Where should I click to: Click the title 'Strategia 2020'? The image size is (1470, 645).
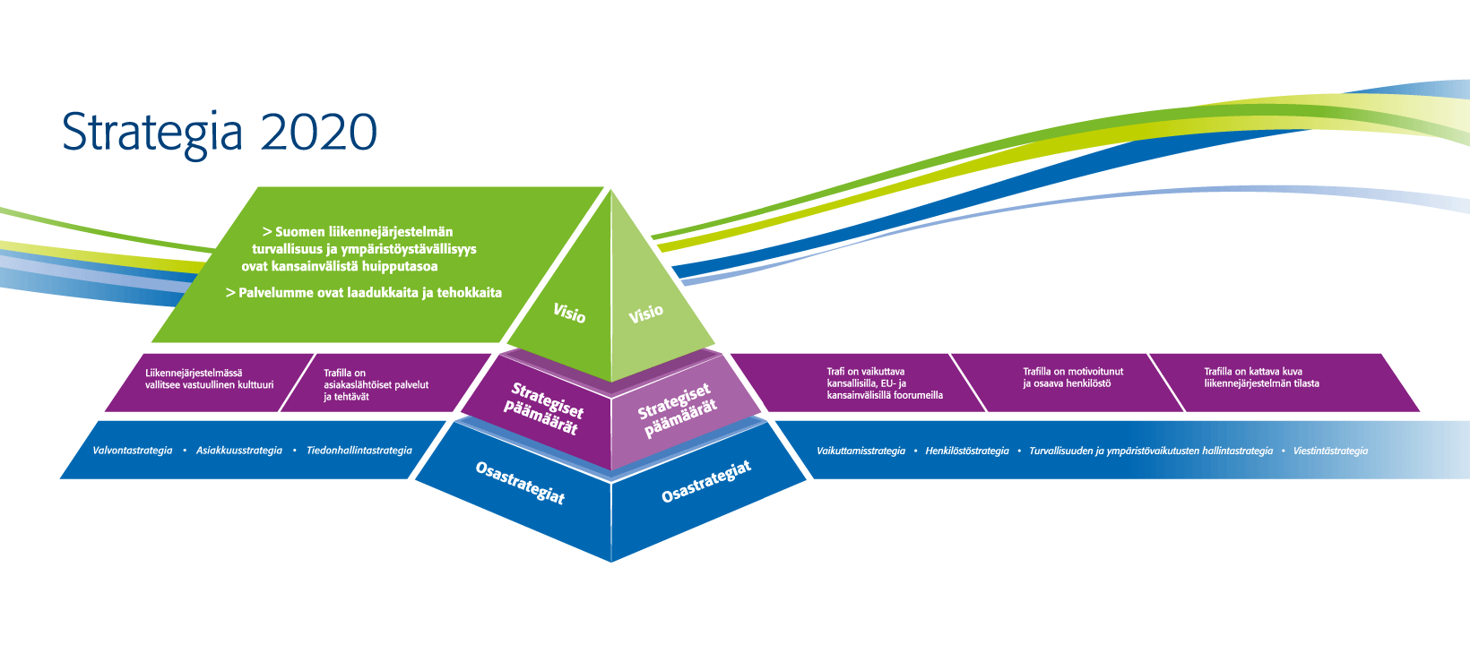(x=219, y=133)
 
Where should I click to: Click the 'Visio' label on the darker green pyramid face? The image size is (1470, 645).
(x=569, y=313)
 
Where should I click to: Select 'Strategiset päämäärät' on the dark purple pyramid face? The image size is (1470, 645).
(x=543, y=408)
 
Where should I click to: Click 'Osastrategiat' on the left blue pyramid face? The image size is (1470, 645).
(x=520, y=483)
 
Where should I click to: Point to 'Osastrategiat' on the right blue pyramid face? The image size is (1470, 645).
(x=705, y=481)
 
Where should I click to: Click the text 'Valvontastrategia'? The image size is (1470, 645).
(x=133, y=451)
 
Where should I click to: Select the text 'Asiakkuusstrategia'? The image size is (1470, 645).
(x=239, y=451)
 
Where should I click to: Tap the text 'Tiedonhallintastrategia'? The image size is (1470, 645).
(x=359, y=451)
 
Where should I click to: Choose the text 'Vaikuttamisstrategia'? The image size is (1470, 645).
(x=860, y=451)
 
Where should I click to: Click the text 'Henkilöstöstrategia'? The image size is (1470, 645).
(x=967, y=451)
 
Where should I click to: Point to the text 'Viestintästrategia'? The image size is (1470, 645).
(x=1330, y=451)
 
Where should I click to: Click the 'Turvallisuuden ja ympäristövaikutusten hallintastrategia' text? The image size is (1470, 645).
(x=1151, y=451)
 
